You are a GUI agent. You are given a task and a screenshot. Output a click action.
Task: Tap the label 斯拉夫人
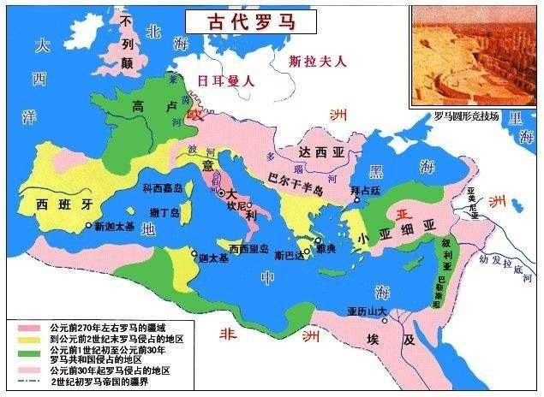pos(316,62)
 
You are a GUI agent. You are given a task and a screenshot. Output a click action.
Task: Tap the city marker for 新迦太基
pos(88,226)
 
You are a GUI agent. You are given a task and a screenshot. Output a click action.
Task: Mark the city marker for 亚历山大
pos(386,322)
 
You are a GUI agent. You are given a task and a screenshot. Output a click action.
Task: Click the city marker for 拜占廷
pos(355,203)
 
